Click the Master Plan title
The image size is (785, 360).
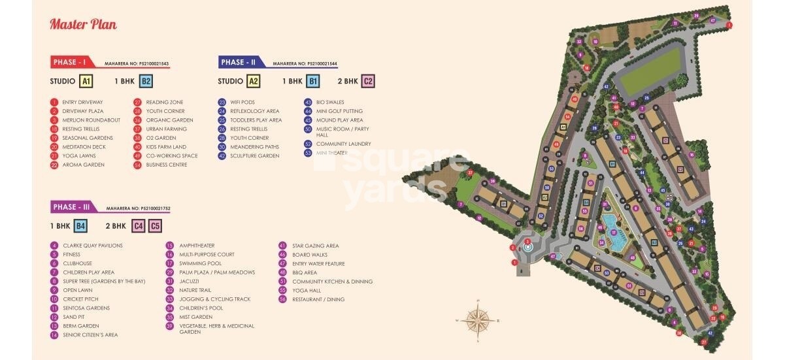coord(83,25)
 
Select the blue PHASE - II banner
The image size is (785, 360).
coord(239,62)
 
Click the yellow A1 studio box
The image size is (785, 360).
coord(86,82)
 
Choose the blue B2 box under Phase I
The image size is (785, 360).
coord(146,82)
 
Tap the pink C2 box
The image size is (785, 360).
coord(368,82)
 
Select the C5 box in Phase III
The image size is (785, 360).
coord(155,226)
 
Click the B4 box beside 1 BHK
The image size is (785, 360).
coord(80,226)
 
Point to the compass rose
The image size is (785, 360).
coord(477,320)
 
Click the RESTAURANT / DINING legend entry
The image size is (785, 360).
coord(320,299)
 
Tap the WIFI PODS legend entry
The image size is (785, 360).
coord(242,102)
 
